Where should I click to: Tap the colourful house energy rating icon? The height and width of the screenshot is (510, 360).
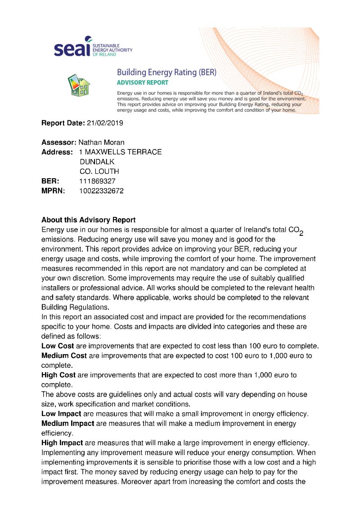(79, 85)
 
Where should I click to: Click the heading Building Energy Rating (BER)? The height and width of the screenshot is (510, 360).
(166, 72)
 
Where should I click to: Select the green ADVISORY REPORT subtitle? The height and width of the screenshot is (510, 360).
(142, 83)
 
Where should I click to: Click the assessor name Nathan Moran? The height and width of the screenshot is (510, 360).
(102, 143)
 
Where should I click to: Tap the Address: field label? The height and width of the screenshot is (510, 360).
(57, 152)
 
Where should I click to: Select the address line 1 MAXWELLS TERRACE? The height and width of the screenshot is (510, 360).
(120, 152)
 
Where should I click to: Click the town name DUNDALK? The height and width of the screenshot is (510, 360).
(97, 162)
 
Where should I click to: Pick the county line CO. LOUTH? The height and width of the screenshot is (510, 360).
(99, 172)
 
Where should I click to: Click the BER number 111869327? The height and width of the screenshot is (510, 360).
(97, 181)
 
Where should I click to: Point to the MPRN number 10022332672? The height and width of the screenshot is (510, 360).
(101, 191)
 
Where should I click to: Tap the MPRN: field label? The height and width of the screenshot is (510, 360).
(53, 191)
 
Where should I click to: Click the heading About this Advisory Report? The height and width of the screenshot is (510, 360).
(88, 220)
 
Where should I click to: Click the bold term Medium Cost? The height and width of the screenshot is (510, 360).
(64, 356)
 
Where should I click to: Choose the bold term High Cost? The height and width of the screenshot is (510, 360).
(58, 375)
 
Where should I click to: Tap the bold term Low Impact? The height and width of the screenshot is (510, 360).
(61, 414)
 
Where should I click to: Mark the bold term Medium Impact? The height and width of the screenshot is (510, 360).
(67, 424)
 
